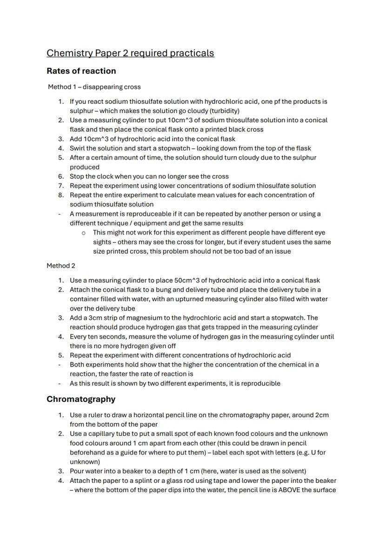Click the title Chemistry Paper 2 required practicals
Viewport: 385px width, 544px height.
(x=130, y=53)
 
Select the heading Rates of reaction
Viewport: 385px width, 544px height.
(x=81, y=71)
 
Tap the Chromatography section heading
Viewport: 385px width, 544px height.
(x=81, y=399)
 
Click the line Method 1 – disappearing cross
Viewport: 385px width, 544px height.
(x=94, y=87)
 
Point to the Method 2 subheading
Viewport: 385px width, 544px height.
(x=60, y=266)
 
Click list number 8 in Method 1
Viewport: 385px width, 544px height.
(x=60, y=195)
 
